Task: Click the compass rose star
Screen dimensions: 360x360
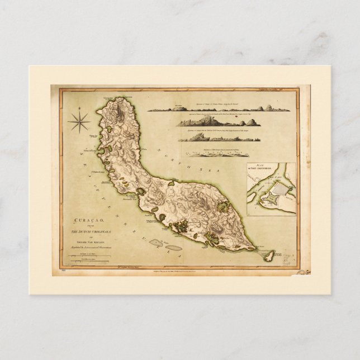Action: pyautogui.click(x=79, y=122)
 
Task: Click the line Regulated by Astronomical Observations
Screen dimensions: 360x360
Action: pyautogui.click(x=91, y=245)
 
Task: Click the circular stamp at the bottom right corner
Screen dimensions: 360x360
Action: pyautogui.click(x=302, y=272)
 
